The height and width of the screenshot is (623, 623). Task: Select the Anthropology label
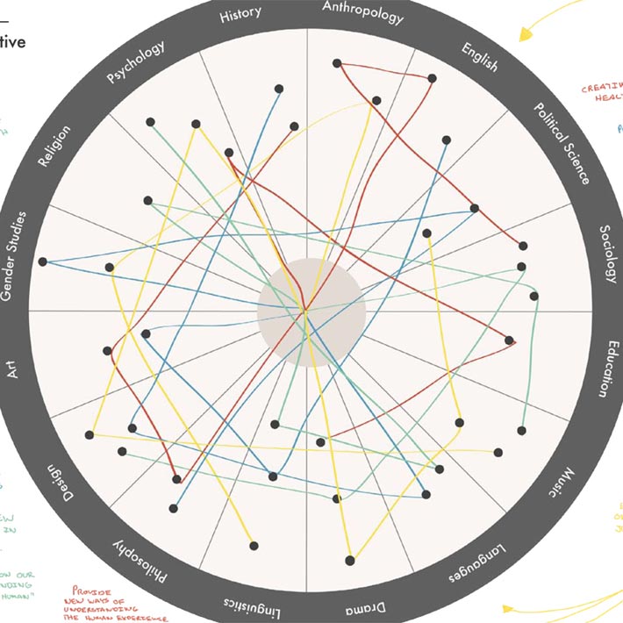click(x=362, y=12)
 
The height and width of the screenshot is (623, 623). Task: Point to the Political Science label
click(x=562, y=143)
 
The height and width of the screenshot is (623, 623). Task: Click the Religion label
click(x=54, y=146)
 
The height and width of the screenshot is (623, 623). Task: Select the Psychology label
click(x=135, y=63)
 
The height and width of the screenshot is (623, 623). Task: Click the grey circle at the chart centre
click(x=311, y=311)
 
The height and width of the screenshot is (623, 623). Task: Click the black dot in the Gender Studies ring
click(x=42, y=261)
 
